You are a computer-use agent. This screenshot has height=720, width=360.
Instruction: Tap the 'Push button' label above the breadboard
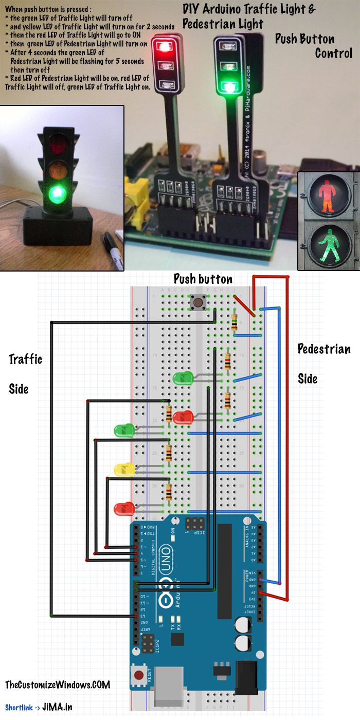pyautogui.click(x=203, y=279)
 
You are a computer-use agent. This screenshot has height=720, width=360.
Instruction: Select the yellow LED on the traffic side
pyautogui.click(x=124, y=470)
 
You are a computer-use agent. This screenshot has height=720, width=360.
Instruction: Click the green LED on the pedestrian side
pyautogui.click(x=182, y=380)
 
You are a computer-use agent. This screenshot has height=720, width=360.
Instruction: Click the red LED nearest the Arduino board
pyautogui.click(x=124, y=509)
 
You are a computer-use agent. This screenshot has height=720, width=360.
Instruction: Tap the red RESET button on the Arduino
pyautogui.click(x=138, y=675)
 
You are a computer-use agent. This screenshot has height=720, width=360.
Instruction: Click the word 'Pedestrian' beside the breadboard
pyautogui.click(x=324, y=349)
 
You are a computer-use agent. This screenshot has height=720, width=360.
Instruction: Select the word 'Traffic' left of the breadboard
pyautogui.click(x=25, y=359)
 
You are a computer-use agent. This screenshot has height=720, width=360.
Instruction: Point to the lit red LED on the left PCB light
pyautogui.click(x=165, y=46)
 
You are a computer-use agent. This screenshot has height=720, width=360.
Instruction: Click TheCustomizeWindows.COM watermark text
pyautogui.click(x=58, y=685)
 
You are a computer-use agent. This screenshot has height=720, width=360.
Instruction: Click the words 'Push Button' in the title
pyautogui.click(x=304, y=39)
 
